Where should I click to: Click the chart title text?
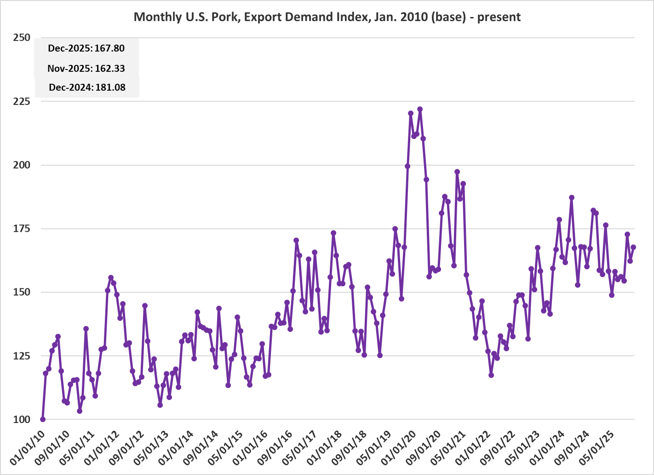coord(327,17)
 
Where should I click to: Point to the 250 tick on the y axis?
coord(22,38)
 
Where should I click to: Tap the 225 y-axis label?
coord(22,101)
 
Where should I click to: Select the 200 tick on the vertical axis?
coord(22,165)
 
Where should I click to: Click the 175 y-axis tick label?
coord(22,229)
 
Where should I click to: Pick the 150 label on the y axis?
coord(22,292)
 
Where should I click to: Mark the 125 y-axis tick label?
coord(22,356)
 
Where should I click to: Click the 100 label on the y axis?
coord(22,419)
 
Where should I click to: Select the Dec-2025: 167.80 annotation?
coord(86,48)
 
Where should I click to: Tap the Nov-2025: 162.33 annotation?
coord(86,69)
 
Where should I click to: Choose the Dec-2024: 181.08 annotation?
coord(87,87)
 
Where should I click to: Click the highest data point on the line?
coord(420,109)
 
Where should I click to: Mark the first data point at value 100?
coord(43,419)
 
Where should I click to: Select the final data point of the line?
coord(633,247)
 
